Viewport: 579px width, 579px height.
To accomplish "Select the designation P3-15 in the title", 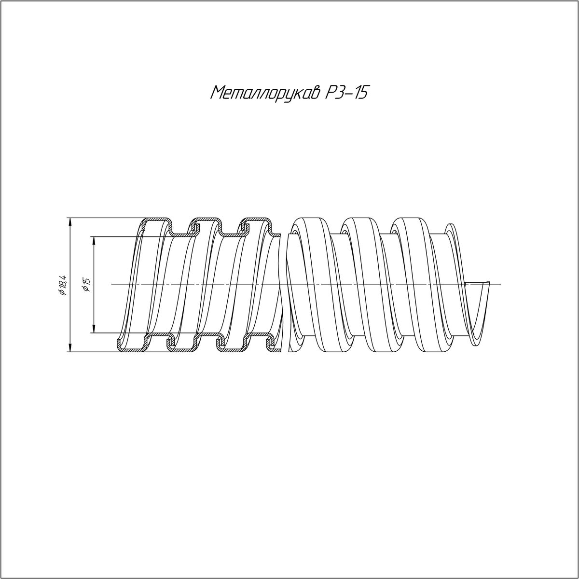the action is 346,92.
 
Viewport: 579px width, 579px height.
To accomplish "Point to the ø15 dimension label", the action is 87,285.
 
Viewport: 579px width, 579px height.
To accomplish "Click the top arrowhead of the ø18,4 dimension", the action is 70,222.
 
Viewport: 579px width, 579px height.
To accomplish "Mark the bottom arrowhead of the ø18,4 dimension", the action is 70,347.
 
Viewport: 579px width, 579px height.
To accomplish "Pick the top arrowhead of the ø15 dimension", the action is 94,241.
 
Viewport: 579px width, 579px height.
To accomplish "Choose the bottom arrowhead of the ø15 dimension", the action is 94,329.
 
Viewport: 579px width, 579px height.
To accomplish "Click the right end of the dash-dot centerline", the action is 500,284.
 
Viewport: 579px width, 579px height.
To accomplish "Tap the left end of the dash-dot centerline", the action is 111,284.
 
